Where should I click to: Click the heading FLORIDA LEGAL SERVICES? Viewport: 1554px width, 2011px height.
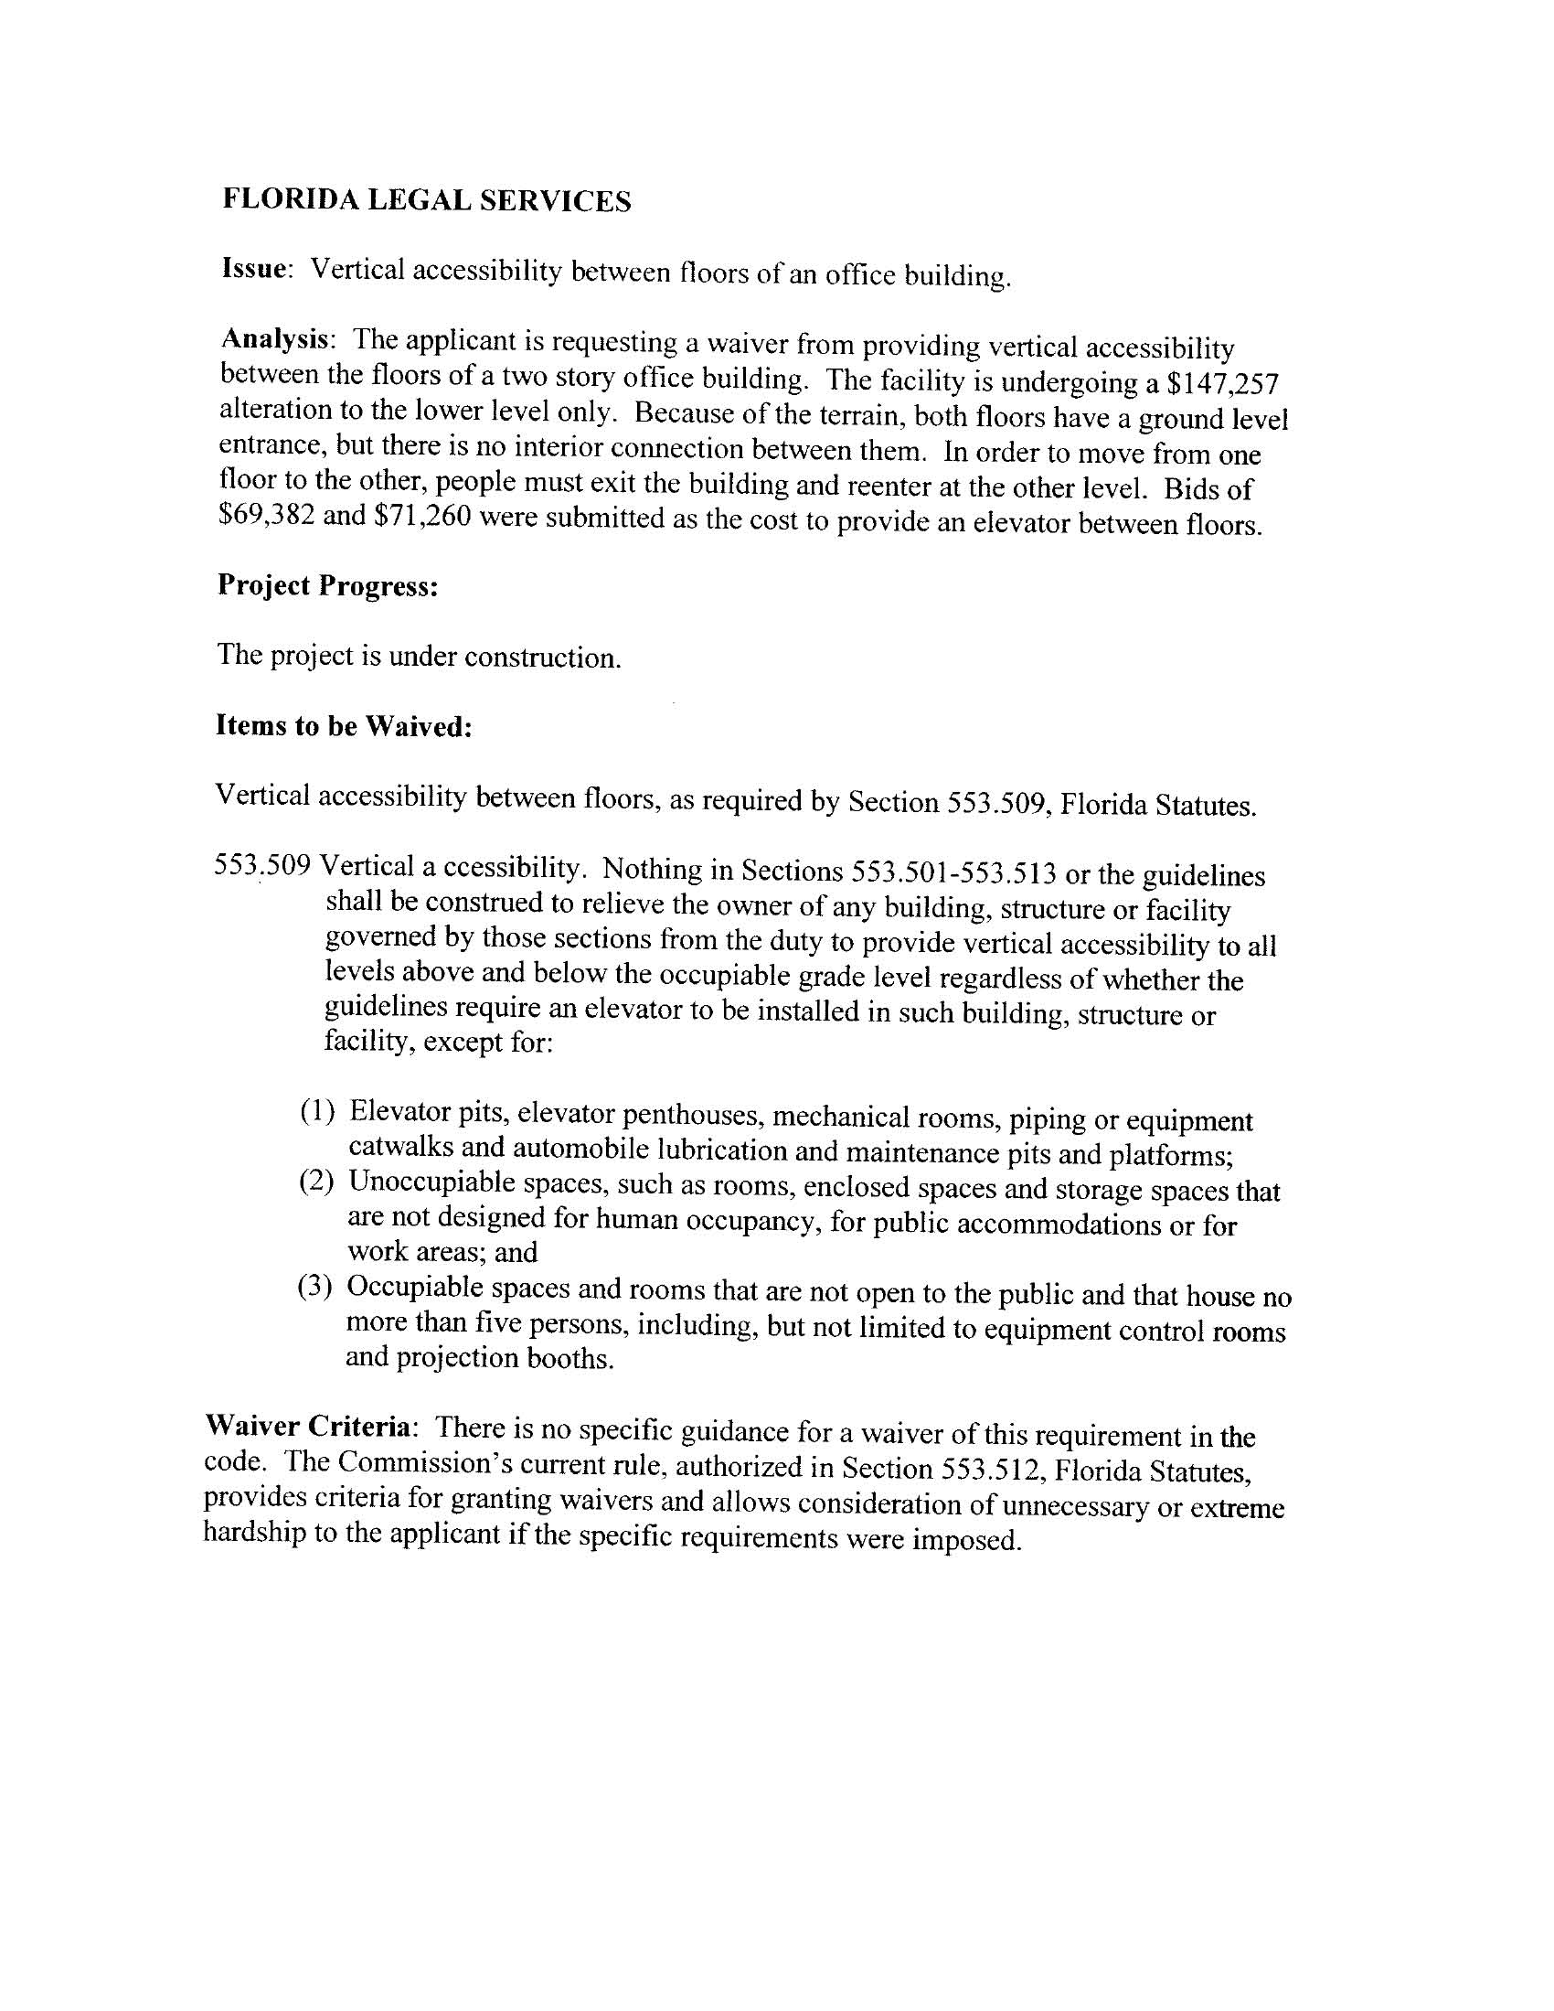426,200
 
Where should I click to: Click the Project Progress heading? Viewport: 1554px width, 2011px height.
327,585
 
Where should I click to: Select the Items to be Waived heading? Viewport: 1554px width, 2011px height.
345,726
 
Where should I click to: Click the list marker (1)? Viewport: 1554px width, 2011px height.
317,1110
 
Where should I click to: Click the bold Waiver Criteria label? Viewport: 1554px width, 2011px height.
307,1427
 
